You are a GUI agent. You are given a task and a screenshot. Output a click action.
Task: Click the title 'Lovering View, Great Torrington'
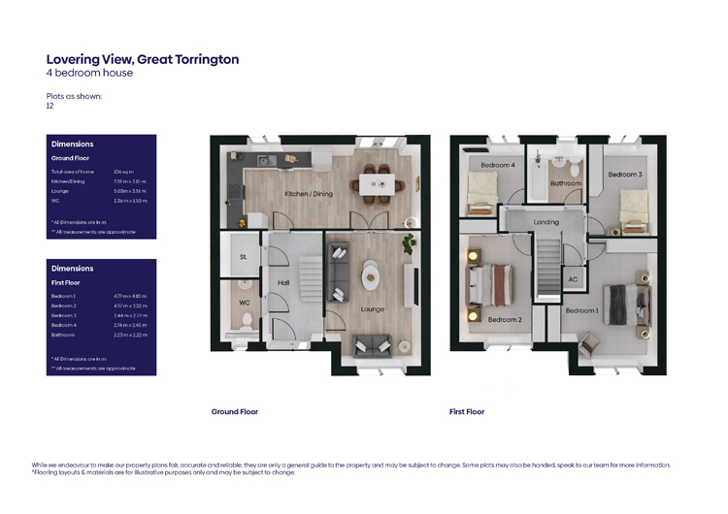[x=143, y=59]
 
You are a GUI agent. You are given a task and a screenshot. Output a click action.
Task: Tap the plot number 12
[x=50, y=106]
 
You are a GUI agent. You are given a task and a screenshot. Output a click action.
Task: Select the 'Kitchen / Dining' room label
[x=308, y=194]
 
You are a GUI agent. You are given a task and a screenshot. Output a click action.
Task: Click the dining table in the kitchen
[x=373, y=180]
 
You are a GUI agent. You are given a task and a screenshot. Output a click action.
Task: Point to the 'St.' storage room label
[x=242, y=257]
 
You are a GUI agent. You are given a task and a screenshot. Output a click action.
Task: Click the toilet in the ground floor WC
[x=245, y=319]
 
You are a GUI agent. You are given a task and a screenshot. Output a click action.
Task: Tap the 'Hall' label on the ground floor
[x=283, y=283]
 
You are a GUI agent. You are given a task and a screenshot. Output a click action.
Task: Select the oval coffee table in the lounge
[x=373, y=277]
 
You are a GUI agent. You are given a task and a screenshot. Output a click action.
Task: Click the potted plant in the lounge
[x=410, y=241]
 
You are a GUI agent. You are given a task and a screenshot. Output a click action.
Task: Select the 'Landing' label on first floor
[x=546, y=222]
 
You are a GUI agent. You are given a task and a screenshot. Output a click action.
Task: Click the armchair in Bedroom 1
[x=589, y=340]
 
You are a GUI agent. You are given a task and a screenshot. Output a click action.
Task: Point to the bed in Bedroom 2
[x=492, y=286]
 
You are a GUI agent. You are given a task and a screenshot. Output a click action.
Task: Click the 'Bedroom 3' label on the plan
[x=624, y=175]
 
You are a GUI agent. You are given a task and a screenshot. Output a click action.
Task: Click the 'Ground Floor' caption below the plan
[x=235, y=412]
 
